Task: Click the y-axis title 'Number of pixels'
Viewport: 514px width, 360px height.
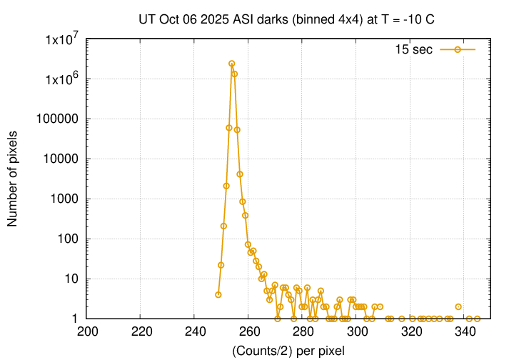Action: point(14,179)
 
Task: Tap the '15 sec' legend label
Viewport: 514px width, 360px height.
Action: point(413,49)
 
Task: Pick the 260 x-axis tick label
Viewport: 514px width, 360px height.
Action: point(249,331)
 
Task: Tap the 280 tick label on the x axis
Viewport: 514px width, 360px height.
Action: point(303,331)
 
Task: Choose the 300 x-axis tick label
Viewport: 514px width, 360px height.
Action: point(357,331)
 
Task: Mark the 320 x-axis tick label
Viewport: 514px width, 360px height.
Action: point(411,331)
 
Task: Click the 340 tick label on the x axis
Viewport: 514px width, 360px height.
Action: point(465,331)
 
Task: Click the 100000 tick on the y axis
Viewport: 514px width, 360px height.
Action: point(61,119)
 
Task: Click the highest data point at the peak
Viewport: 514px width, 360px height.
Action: point(232,64)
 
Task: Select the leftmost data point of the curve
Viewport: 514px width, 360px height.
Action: point(218,294)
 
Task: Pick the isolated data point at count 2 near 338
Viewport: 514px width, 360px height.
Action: point(458,306)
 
